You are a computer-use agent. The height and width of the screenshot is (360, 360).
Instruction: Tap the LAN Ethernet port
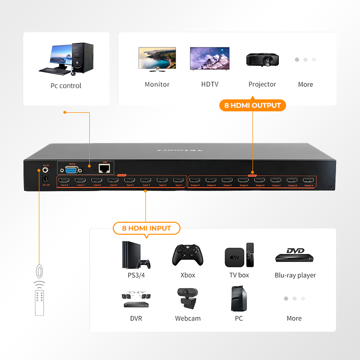(x=104, y=168)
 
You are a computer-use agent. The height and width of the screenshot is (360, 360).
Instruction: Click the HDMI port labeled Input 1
(x=179, y=181)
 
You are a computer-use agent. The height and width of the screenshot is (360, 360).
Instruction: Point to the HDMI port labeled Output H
(x=195, y=181)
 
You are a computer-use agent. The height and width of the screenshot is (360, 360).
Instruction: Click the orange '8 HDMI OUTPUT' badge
(x=252, y=105)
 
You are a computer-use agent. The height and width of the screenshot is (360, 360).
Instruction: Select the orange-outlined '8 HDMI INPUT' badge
(x=146, y=228)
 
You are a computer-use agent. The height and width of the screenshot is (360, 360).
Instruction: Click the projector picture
(x=262, y=60)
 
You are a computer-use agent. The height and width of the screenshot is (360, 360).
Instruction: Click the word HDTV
(x=210, y=84)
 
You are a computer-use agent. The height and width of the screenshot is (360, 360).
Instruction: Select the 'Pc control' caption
(x=66, y=86)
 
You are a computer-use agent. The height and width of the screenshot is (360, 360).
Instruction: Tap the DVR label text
(x=136, y=318)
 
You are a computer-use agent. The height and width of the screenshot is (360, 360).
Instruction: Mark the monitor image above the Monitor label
(x=157, y=59)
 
